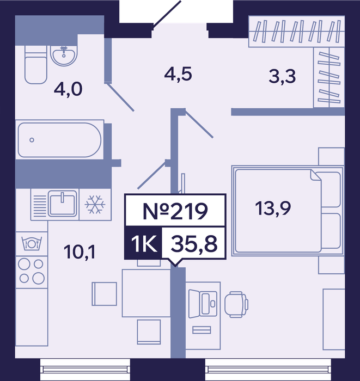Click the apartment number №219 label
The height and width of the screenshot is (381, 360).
(175, 211)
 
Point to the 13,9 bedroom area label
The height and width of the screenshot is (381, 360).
(273, 208)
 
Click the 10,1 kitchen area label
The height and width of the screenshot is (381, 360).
(80, 251)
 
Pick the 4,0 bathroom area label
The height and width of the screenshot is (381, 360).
(68, 89)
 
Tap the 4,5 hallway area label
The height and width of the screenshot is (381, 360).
(178, 74)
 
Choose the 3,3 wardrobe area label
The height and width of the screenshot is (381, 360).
(282, 76)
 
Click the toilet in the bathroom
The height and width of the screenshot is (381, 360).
(36, 65)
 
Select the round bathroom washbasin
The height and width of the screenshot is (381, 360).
(64, 56)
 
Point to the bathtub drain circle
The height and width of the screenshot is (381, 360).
(32, 140)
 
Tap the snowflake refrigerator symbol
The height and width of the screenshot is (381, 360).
(95, 204)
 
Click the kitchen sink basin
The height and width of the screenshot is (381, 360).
(63, 204)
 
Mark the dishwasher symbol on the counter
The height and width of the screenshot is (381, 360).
(32, 243)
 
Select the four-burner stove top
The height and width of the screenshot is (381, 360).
(32, 272)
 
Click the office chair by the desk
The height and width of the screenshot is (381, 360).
(236, 304)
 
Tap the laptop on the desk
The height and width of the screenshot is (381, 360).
(203, 304)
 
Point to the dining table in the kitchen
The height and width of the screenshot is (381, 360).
(146, 293)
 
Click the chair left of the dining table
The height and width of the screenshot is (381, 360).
(104, 294)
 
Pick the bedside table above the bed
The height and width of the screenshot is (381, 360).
(332, 157)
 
